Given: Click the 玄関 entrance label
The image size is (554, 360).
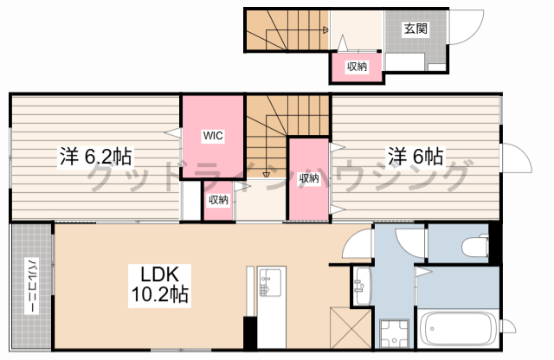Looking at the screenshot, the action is [x=415, y=29].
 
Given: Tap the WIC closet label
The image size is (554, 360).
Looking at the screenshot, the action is [x=213, y=135].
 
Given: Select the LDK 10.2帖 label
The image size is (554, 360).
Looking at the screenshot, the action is [x=159, y=285].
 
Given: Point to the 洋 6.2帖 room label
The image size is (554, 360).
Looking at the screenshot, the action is [x=95, y=156].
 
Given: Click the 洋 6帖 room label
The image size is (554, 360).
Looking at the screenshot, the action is [x=415, y=156].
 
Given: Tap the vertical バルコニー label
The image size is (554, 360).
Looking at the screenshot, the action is [x=32, y=286].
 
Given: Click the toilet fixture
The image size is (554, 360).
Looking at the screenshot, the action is [x=475, y=245].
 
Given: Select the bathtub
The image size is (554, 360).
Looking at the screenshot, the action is [x=458, y=329].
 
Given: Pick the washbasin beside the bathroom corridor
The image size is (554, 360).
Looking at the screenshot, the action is [x=362, y=286].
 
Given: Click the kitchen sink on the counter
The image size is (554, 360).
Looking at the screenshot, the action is [x=271, y=281].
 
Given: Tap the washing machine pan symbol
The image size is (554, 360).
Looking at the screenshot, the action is [x=395, y=333].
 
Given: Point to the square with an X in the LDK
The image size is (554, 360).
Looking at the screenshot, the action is [x=351, y=327].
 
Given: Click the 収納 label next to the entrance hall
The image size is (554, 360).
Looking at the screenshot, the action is [x=358, y=66].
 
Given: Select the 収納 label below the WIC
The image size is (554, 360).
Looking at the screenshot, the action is [x=218, y=200].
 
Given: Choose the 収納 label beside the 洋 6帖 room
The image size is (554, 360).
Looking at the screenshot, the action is [x=309, y=178].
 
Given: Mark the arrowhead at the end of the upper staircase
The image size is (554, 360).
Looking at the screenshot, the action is [x=325, y=30].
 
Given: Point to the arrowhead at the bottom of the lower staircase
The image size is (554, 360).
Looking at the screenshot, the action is [x=266, y=175].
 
